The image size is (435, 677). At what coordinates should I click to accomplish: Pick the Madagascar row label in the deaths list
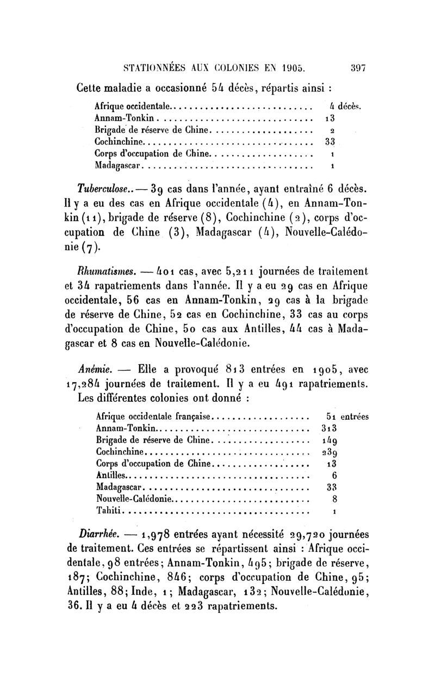click(118, 164)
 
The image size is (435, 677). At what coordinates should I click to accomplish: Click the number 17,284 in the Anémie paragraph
click(85, 385)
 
